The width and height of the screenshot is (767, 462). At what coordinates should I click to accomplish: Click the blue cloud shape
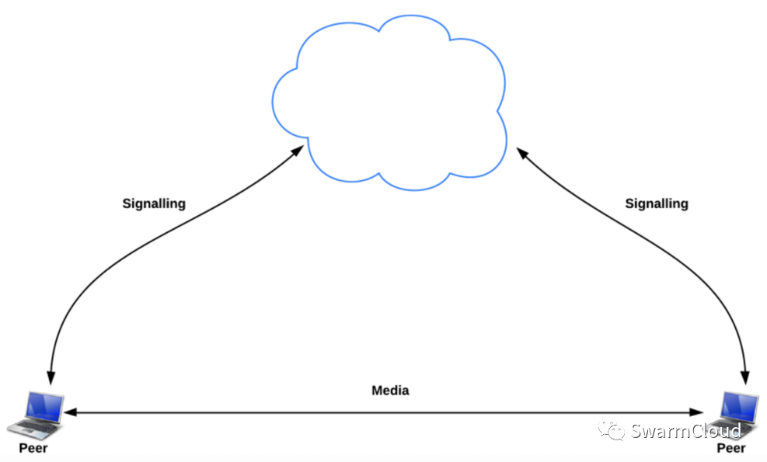click(389, 101)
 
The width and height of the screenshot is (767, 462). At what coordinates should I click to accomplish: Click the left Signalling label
click(154, 203)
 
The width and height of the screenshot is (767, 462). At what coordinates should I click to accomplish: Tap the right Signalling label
click(657, 203)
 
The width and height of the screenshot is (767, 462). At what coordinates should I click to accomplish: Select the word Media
click(390, 390)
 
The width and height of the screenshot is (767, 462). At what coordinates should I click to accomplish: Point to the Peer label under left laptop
click(33, 448)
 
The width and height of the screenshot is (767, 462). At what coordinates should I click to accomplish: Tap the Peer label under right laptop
click(730, 448)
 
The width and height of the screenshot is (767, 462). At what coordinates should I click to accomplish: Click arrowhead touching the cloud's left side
click(298, 150)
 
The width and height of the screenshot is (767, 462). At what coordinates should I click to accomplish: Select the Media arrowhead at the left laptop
click(70, 413)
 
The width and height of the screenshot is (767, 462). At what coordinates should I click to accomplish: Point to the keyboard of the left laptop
click(31, 426)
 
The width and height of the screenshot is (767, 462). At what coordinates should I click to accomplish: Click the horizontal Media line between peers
click(389, 413)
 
